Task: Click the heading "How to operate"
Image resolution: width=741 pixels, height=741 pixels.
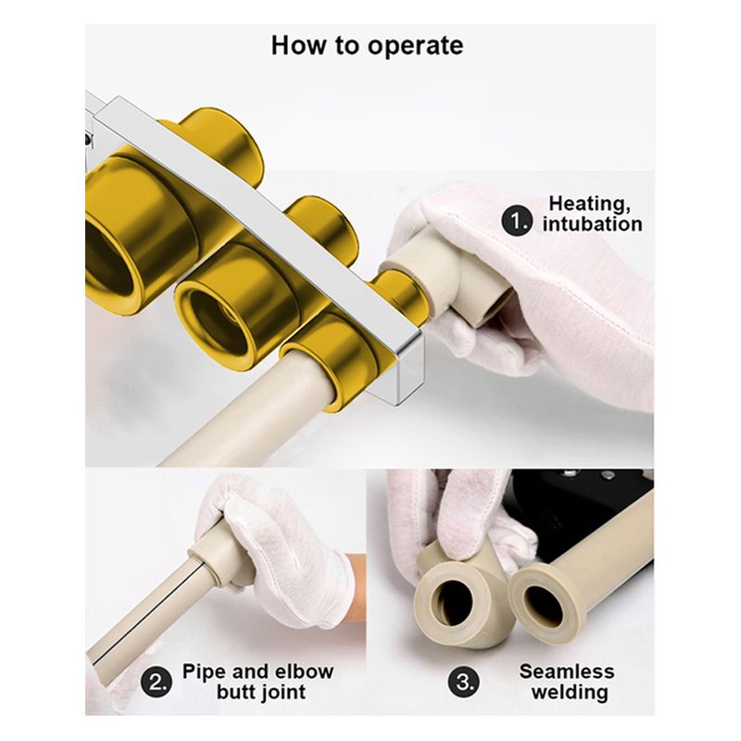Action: click(367, 45)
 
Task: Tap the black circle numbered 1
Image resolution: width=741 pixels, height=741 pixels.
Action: click(517, 221)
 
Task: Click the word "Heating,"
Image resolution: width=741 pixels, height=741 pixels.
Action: click(589, 204)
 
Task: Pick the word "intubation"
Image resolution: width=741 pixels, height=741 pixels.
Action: click(592, 224)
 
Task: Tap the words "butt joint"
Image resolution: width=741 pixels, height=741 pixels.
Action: click(261, 692)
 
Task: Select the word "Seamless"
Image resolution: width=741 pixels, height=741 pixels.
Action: click(567, 672)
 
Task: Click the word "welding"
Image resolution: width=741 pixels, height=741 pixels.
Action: click(570, 692)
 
